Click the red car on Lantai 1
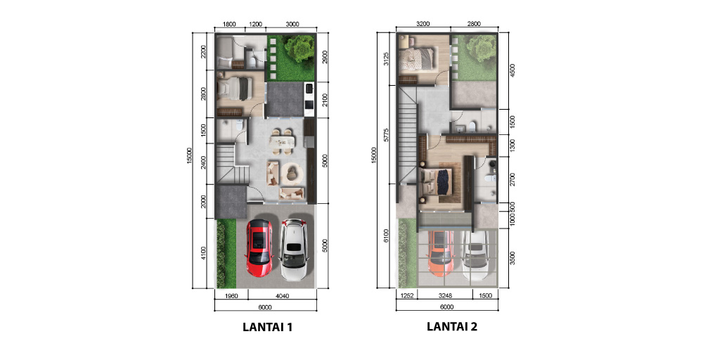(x=259, y=248)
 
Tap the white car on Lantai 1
(x=294, y=250)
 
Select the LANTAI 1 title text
(x=267, y=327)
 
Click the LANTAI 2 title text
(x=452, y=326)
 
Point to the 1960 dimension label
(x=231, y=296)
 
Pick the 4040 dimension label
(x=283, y=296)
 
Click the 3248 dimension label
(x=445, y=296)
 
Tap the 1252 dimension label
(x=406, y=296)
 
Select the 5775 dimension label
(x=386, y=135)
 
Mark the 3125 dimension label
(x=386, y=59)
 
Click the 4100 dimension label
(x=204, y=253)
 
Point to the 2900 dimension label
(x=325, y=57)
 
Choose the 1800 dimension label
(x=229, y=24)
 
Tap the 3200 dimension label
(x=423, y=24)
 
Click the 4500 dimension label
(x=512, y=70)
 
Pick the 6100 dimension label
(x=386, y=236)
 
